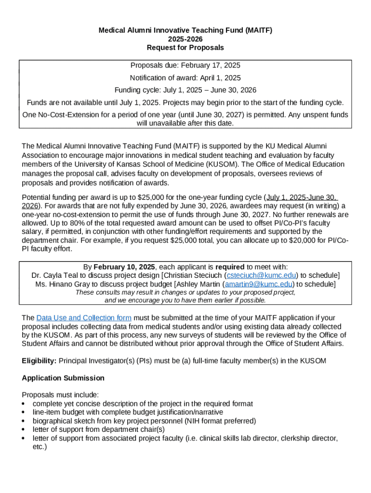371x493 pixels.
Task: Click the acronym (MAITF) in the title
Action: [x=257, y=30]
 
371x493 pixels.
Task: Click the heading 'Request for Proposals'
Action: [x=185, y=48]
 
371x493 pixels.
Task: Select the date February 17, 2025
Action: [x=212, y=65]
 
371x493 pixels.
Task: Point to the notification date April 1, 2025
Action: [x=221, y=78]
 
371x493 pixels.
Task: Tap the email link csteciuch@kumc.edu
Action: [x=261, y=275]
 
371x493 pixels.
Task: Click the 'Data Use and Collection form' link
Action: [x=84, y=318]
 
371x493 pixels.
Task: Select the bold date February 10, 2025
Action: [x=124, y=267]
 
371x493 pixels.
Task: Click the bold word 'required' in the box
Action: [x=230, y=267]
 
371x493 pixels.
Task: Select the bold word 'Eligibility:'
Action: [x=39, y=361]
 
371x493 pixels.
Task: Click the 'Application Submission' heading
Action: [x=63, y=378]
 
